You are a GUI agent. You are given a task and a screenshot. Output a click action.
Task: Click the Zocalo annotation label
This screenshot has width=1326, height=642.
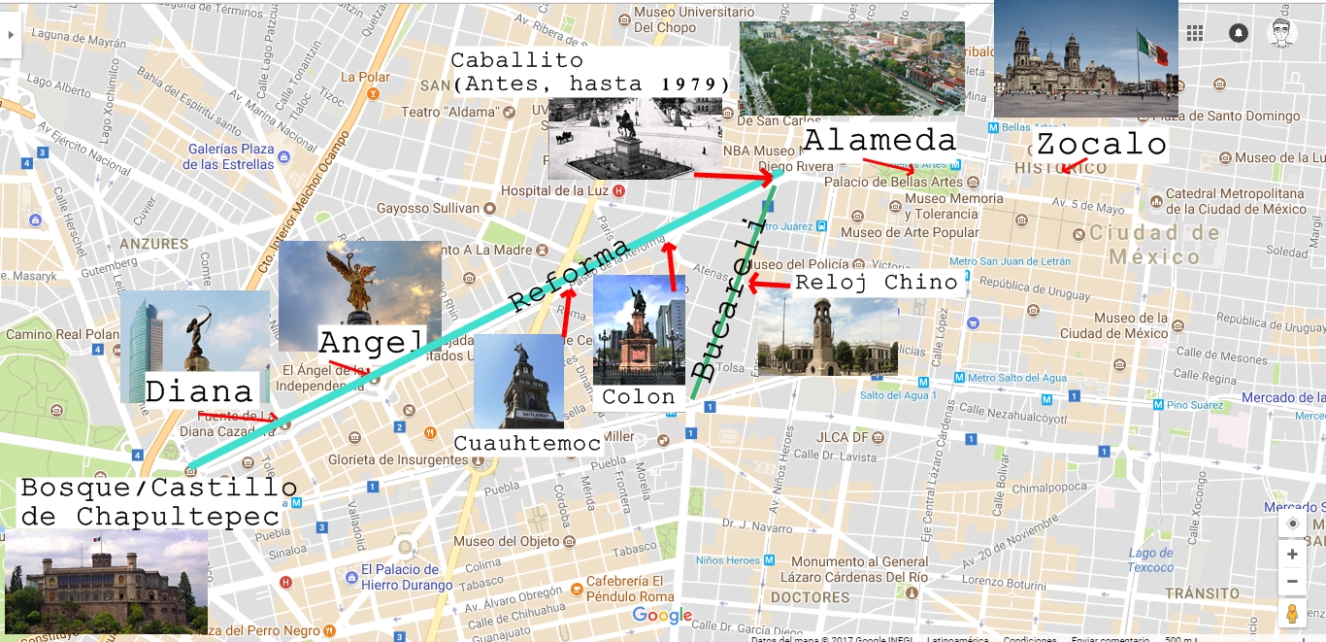click(x=1101, y=145)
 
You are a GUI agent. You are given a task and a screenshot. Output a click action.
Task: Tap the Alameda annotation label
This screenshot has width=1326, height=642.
click(x=879, y=140)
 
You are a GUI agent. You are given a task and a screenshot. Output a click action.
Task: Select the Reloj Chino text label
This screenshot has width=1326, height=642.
click(x=876, y=283)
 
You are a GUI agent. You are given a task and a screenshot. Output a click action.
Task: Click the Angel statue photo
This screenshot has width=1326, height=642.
click(x=359, y=294)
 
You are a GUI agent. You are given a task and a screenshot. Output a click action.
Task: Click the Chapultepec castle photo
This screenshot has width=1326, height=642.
click(x=106, y=581)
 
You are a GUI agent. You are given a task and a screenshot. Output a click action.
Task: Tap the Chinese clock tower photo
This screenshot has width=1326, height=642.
click(x=827, y=336)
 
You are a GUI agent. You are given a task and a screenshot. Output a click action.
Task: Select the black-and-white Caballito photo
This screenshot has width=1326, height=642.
click(x=635, y=138)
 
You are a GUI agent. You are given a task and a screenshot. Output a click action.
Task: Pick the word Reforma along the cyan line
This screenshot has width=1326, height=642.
click(x=570, y=275)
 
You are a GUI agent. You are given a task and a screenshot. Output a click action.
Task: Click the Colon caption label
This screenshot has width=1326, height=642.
click(x=638, y=397)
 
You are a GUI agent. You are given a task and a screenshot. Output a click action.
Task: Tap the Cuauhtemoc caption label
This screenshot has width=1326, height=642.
click(x=528, y=444)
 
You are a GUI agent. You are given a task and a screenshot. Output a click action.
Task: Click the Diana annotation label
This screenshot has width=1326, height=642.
click(x=199, y=391)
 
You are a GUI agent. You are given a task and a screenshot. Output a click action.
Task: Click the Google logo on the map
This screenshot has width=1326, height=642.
click(x=662, y=615)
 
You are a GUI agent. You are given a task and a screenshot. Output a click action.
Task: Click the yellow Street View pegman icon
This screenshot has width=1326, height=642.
click(x=1292, y=614)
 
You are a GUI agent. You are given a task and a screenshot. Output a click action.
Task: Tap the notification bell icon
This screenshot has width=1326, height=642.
click(x=1239, y=33)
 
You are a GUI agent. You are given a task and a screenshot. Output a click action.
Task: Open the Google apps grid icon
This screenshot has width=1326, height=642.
click(x=1195, y=33)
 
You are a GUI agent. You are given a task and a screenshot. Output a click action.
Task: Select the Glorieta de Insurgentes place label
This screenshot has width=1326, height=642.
click(x=397, y=460)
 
